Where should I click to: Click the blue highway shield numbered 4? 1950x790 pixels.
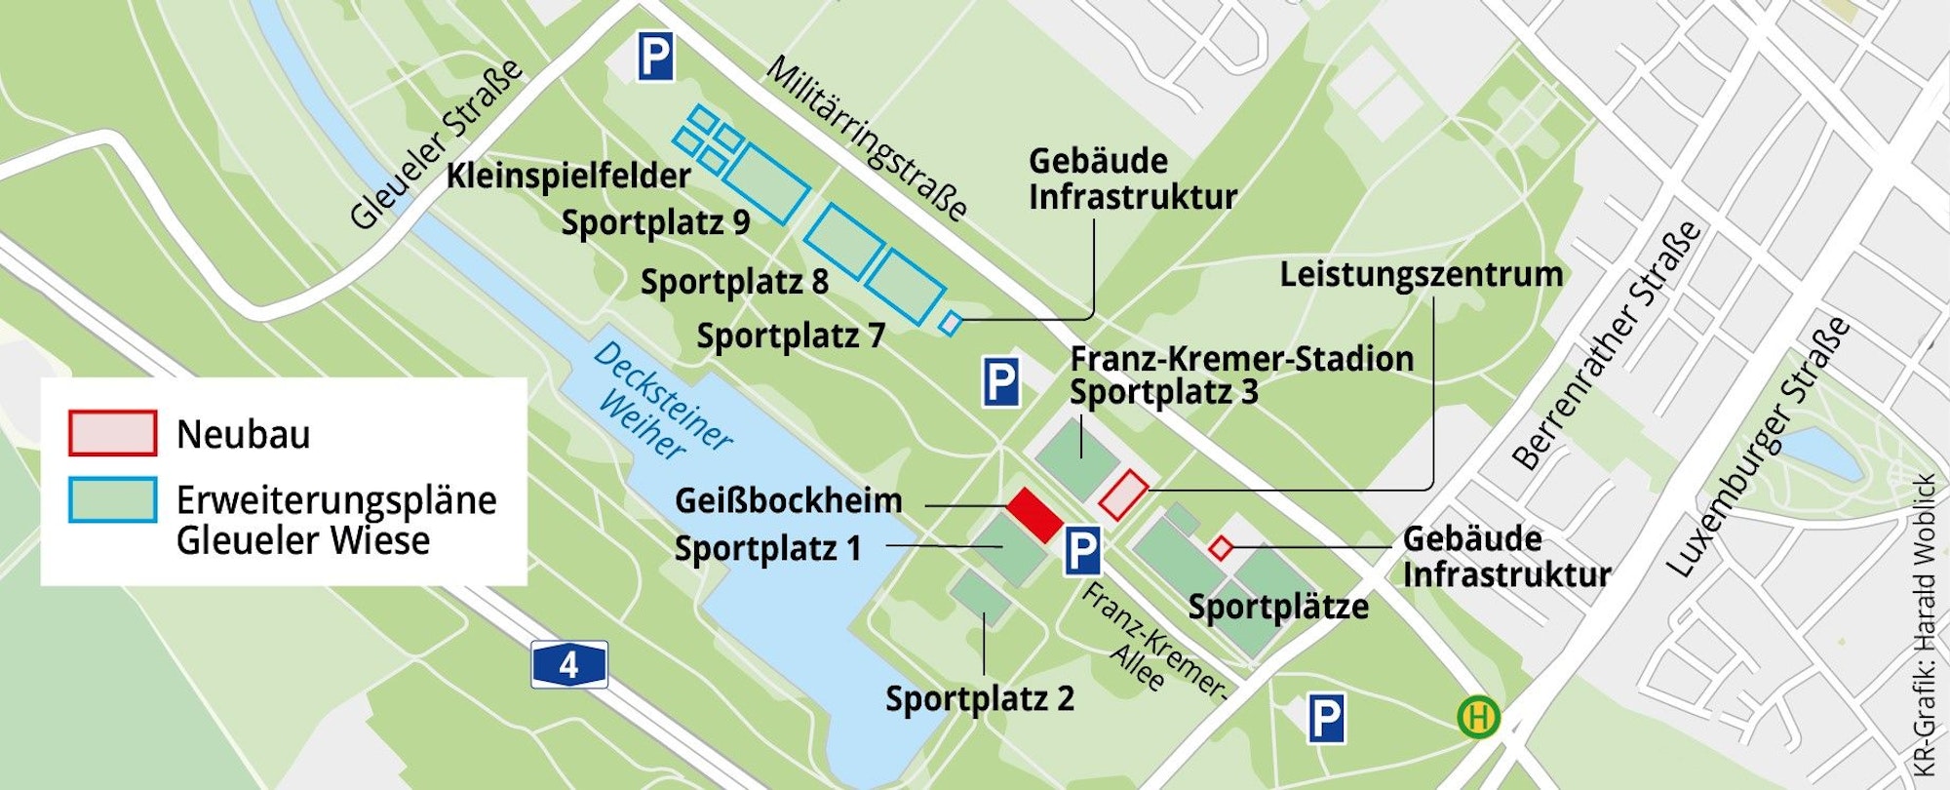(x=569, y=665)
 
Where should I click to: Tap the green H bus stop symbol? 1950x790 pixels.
(x=1478, y=718)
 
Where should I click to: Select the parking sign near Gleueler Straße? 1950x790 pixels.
(x=655, y=58)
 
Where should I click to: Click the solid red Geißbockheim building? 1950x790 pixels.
(x=1034, y=515)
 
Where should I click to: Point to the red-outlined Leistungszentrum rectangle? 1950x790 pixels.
(x=1123, y=494)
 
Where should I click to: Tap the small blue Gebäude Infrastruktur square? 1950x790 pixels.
(x=950, y=323)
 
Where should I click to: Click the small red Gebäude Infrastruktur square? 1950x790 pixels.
(x=1220, y=548)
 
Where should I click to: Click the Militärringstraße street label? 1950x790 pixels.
(x=866, y=138)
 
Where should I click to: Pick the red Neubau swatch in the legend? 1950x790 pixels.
(x=112, y=433)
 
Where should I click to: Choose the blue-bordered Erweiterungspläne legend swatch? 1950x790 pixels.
(x=112, y=500)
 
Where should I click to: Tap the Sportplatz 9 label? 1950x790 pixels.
(x=655, y=222)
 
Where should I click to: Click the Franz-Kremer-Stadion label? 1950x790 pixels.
(x=1241, y=358)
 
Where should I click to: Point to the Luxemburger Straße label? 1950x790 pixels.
(x=1757, y=447)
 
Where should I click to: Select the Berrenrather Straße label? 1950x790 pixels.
(x=1607, y=346)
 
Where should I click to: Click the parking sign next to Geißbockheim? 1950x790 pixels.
(x=1081, y=551)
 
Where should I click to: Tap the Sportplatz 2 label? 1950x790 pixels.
(x=979, y=698)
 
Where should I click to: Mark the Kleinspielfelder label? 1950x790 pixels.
(x=568, y=176)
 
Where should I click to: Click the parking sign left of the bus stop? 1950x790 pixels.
(x=1326, y=720)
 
